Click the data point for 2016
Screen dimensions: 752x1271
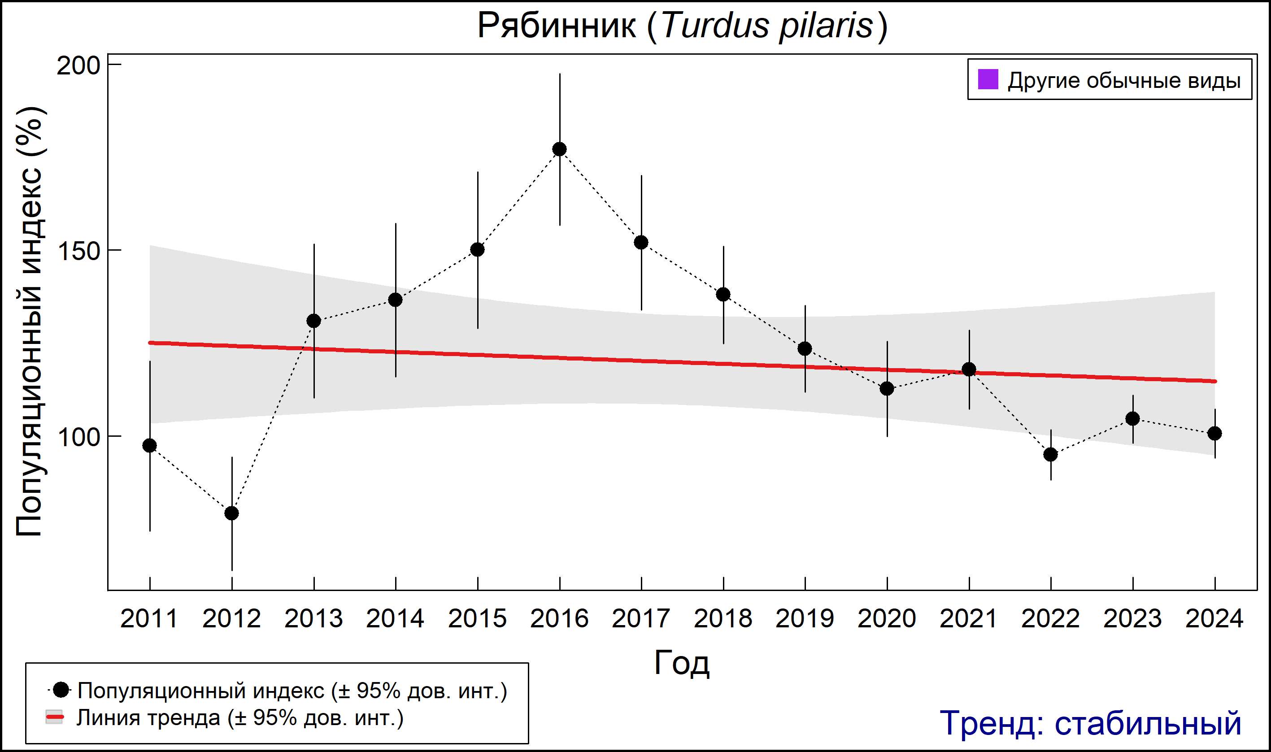click(x=560, y=149)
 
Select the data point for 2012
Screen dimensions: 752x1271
click(x=231, y=513)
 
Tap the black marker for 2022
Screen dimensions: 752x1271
click(x=1050, y=455)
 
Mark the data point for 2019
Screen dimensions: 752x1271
click(x=805, y=348)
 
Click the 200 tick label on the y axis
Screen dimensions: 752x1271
click(x=78, y=66)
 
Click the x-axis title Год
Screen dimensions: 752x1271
click(x=682, y=663)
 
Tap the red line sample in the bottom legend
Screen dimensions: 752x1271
click(x=55, y=717)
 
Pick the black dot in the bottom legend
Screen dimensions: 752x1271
click(x=61, y=690)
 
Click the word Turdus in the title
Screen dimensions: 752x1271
click(x=715, y=26)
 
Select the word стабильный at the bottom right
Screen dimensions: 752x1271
click(x=1148, y=723)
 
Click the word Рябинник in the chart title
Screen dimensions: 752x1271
click(x=556, y=26)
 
